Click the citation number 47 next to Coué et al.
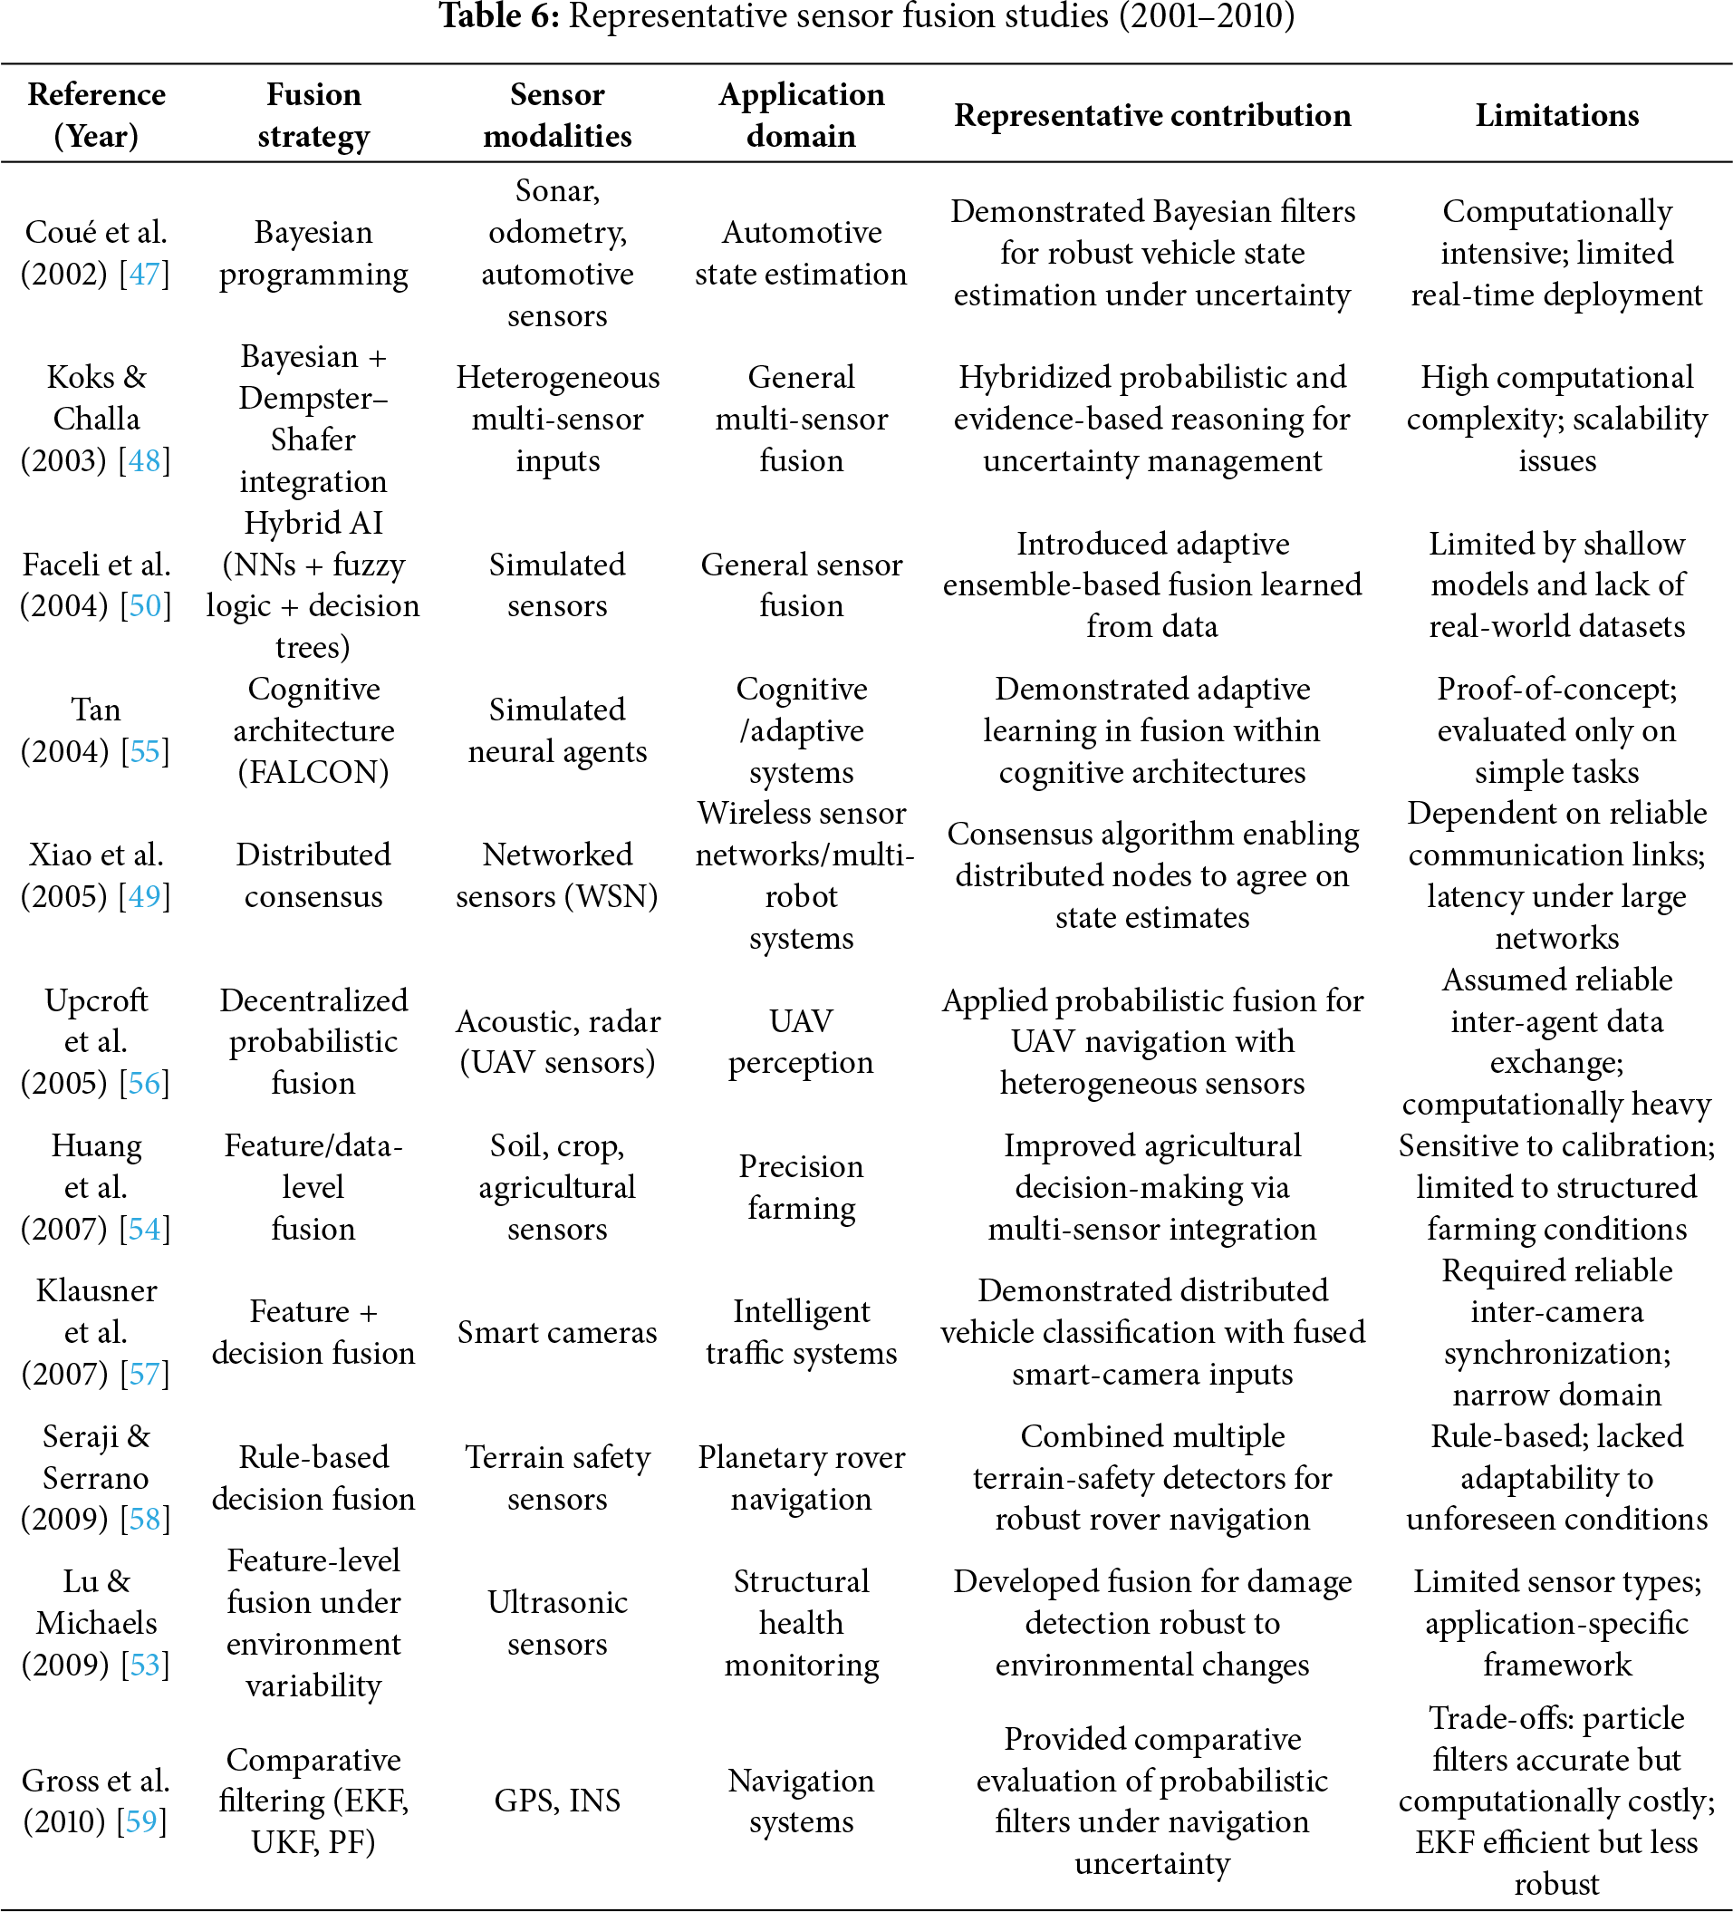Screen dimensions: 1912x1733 coord(144,274)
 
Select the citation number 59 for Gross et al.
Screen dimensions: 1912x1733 coord(141,1821)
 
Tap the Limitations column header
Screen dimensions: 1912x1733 coord(1556,116)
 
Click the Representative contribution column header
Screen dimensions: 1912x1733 coord(1151,116)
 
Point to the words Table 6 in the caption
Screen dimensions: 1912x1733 coord(498,16)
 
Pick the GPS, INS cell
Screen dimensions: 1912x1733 coord(557,1800)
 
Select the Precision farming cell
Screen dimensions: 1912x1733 coord(801,1186)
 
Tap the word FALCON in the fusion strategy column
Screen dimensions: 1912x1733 coord(313,772)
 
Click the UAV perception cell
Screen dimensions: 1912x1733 coord(801,1041)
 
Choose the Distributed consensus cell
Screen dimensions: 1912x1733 coord(313,875)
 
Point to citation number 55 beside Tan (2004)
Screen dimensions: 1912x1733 coord(145,751)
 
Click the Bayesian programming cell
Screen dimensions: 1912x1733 coord(313,253)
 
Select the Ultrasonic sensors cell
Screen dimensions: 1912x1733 coord(557,1623)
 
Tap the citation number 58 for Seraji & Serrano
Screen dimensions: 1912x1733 coord(145,1519)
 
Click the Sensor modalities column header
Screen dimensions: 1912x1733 coord(557,116)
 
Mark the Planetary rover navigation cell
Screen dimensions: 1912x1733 coord(801,1478)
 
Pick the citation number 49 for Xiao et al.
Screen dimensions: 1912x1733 coord(145,896)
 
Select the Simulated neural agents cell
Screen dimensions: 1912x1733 coord(557,730)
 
